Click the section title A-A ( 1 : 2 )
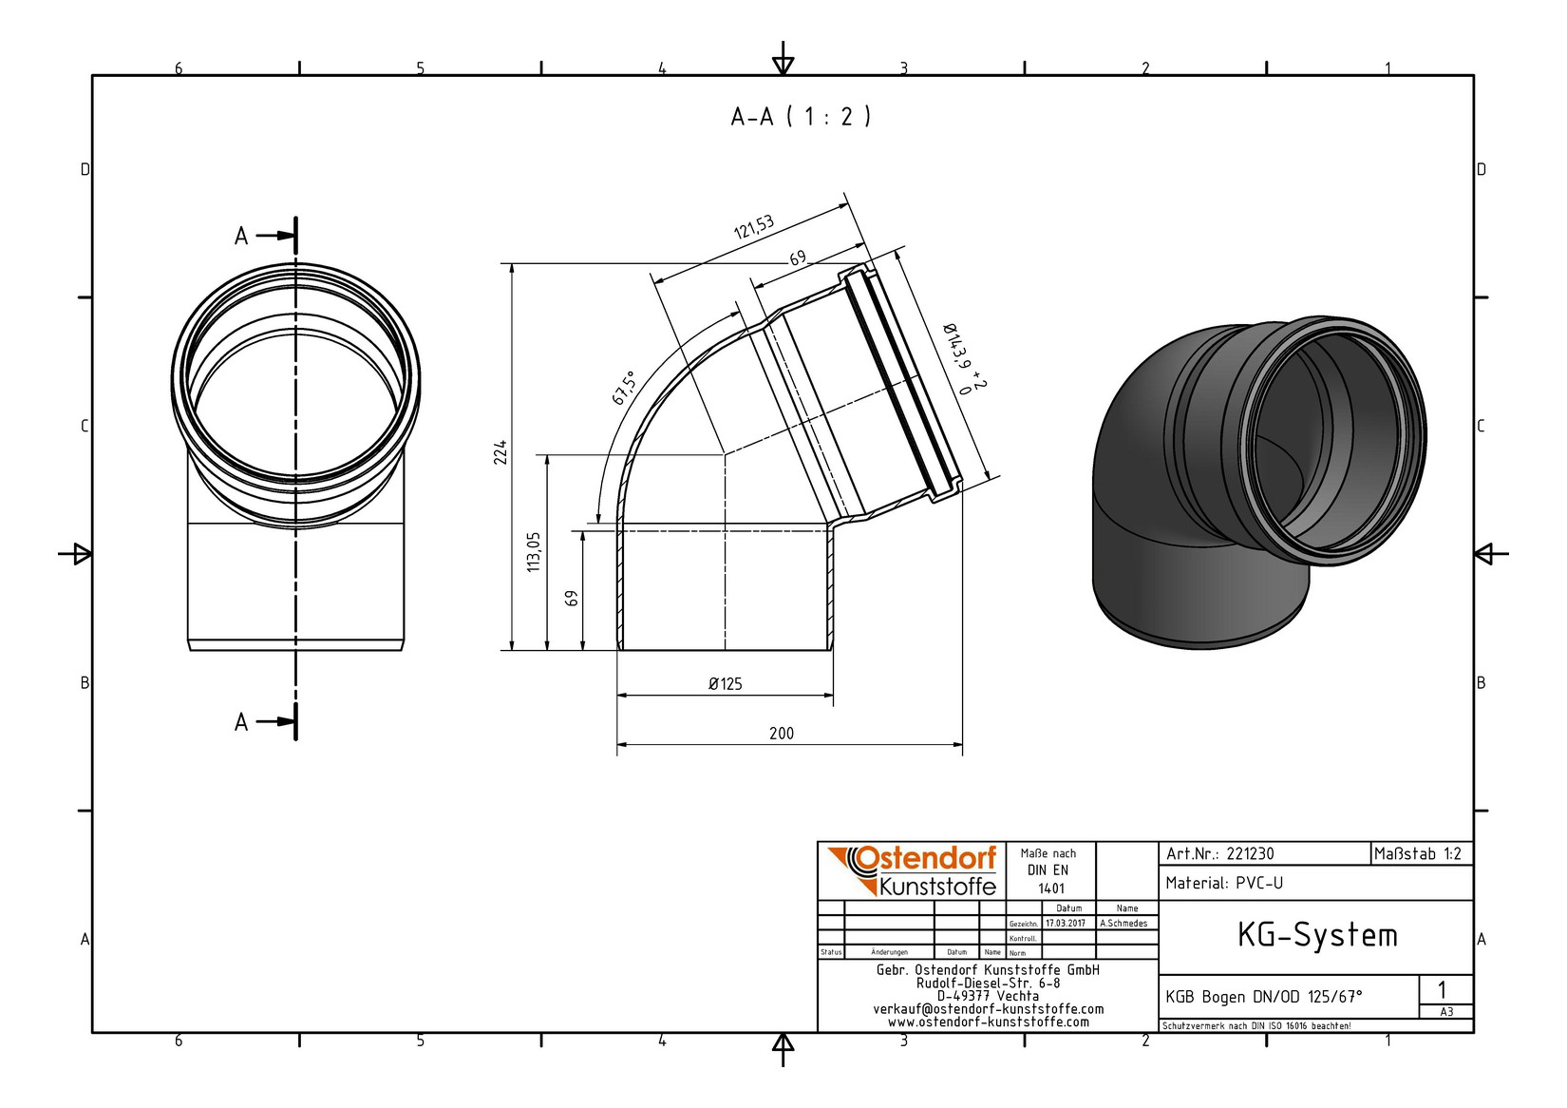coord(801,116)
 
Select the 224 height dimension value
coord(500,453)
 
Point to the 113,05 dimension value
coord(534,552)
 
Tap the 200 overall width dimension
coord(782,733)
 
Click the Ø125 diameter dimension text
coord(725,684)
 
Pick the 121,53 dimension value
coord(754,227)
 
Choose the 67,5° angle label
coord(625,388)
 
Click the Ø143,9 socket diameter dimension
coord(963,357)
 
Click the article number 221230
coord(1250,854)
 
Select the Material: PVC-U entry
coord(1224,884)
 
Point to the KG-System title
coord(1317,935)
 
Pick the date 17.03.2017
coord(1066,924)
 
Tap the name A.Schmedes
coord(1123,924)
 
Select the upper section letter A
coord(240,236)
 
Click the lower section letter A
coord(240,721)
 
